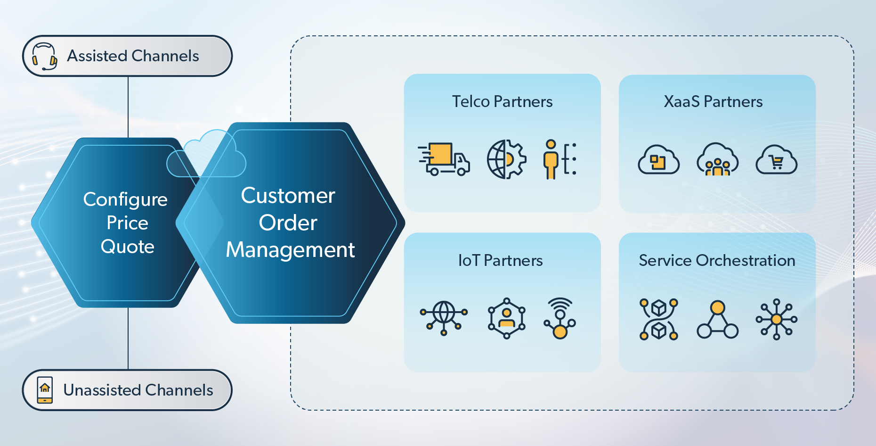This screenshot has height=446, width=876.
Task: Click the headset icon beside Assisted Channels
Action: tap(44, 57)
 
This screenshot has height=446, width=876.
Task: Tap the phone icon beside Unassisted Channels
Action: tap(45, 390)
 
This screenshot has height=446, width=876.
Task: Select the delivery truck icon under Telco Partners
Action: tap(444, 159)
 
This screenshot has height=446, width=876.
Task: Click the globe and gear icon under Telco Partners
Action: tap(506, 159)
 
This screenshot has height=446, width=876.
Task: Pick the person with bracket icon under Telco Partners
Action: tap(560, 159)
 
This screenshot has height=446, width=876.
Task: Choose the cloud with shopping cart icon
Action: tap(776, 160)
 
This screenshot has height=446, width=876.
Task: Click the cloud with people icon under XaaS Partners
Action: tap(717, 160)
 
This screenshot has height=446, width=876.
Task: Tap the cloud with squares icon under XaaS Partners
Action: tap(658, 160)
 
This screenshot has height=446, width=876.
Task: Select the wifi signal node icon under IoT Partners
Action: tap(560, 318)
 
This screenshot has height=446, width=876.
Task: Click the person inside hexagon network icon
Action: tap(506, 318)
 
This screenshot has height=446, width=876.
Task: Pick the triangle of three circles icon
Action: tap(717, 320)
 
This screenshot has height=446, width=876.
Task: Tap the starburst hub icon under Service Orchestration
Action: tap(776, 320)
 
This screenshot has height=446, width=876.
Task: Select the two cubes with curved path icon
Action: tap(658, 320)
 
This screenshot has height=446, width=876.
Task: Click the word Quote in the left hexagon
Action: tap(128, 247)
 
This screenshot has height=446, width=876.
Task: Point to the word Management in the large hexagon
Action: tap(290, 250)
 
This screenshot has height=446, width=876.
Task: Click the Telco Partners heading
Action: tap(502, 102)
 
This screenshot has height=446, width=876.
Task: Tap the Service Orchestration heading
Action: tap(717, 261)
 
